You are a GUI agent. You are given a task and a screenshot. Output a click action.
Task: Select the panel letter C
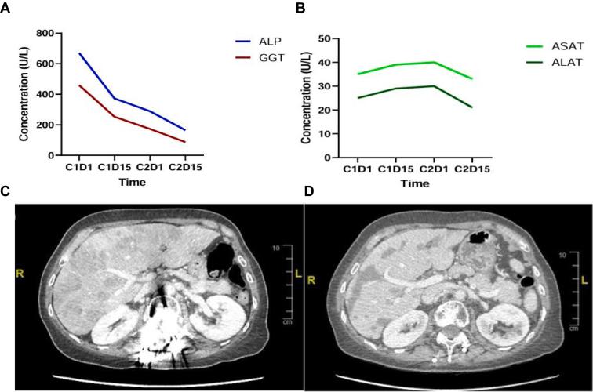click(6, 192)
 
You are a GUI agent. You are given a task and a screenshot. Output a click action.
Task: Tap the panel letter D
click(310, 192)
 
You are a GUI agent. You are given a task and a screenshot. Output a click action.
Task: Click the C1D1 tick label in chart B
click(356, 169)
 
